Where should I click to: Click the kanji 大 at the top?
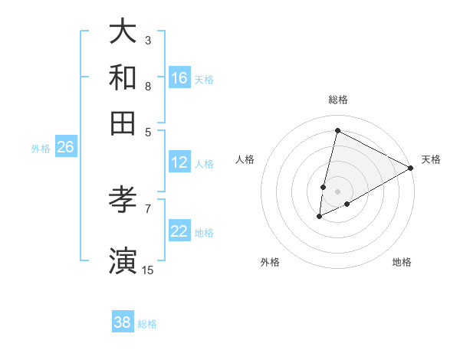pyautogui.click(x=123, y=32)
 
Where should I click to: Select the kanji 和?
pyautogui.click(x=123, y=77)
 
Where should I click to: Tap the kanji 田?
pyautogui.click(x=123, y=123)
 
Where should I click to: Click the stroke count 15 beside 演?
pyautogui.click(x=148, y=270)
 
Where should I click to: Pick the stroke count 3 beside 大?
pyautogui.click(x=148, y=40)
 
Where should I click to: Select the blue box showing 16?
pyautogui.click(x=179, y=78)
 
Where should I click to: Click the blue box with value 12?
pyautogui.click(x=179, y=162)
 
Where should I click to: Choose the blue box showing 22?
pyautogui.click(x=179, y=231)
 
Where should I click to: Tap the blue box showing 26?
pyautogui.click(x=65, y=148)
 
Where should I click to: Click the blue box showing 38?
pyautogui.click(x=123, y=322)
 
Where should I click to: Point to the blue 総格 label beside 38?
pyautogui.click(x=147, y=324)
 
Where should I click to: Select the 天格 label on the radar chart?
pyautogui.click(x=431, y=159)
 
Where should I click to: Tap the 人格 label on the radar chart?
pyautogui.click(x=245, y=159)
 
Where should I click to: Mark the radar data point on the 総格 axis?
pyautogui.click(x=337, y=130)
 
